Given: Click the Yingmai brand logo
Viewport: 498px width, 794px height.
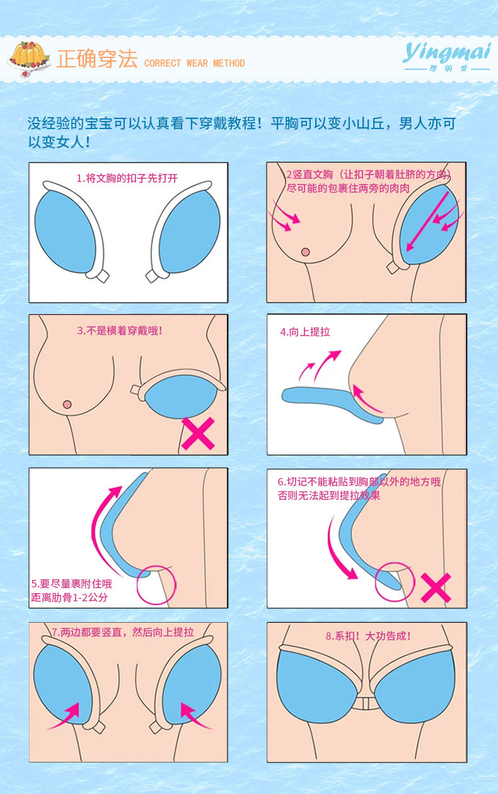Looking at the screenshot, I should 446,55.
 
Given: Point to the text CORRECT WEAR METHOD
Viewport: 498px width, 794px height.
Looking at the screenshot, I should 194,63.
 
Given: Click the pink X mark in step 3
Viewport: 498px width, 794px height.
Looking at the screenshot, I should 198,434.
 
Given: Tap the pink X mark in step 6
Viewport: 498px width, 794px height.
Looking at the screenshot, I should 436,587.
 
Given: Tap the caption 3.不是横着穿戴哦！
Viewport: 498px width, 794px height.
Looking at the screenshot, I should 124,331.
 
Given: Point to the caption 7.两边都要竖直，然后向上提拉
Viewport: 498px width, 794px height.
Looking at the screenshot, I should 123,632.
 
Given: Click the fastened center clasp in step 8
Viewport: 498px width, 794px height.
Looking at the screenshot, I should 366,703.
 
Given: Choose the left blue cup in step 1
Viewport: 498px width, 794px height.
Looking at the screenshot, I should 67,231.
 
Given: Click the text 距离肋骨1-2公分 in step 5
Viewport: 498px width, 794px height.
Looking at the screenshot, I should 69,597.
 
